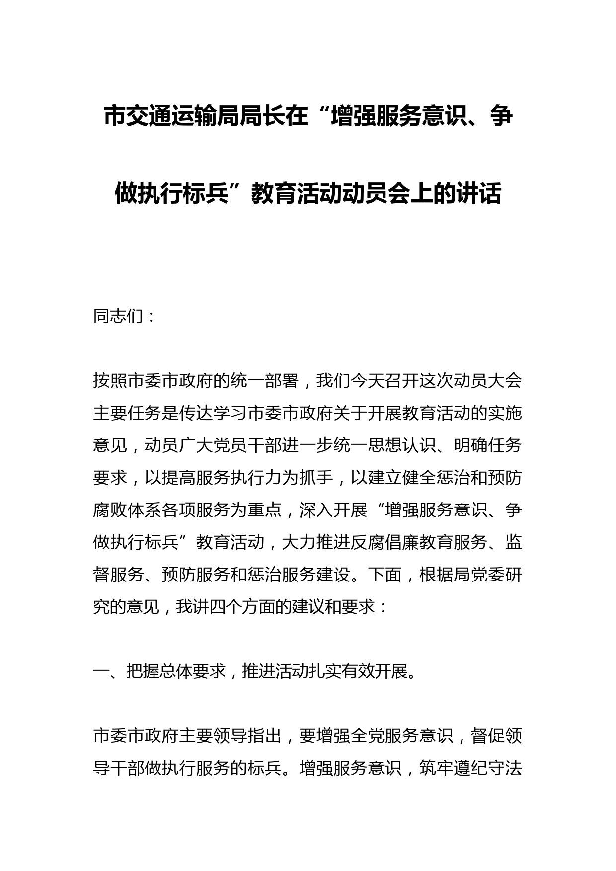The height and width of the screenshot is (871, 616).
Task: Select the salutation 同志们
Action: [118, 316]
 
